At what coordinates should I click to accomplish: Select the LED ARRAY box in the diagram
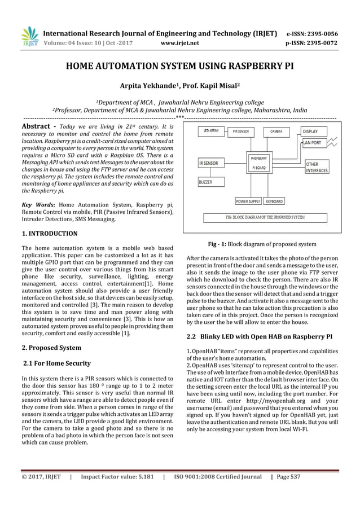tap(210, 131)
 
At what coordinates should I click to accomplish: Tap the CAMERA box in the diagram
tap(276, 131)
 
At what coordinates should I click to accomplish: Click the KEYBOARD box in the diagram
tap(274, 201)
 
